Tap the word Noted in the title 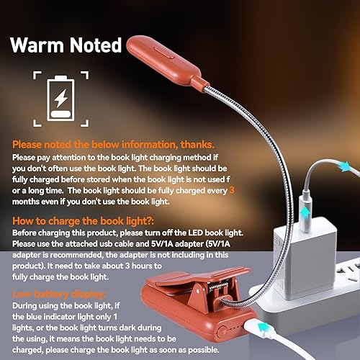[94, 45]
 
